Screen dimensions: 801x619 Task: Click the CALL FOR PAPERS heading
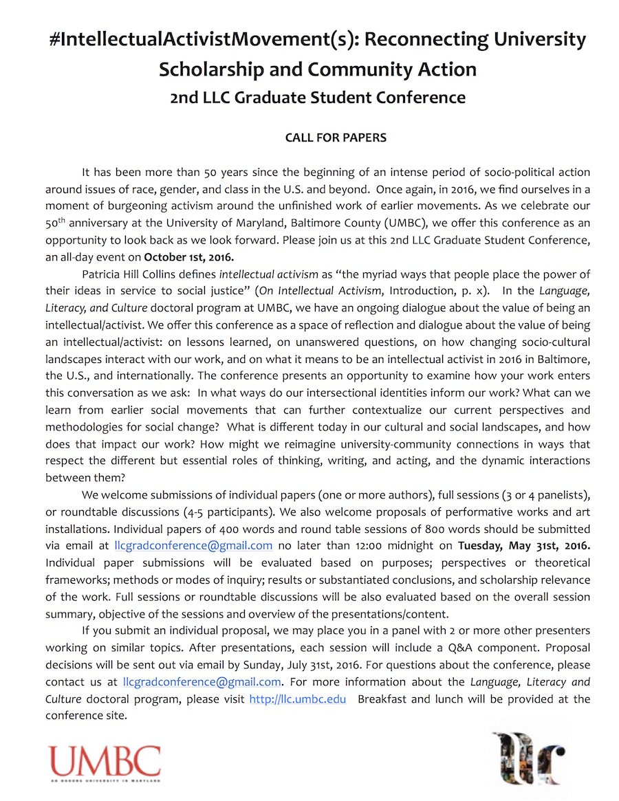[x=336, y=138]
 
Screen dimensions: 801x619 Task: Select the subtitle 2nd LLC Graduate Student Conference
[x=317, y=97]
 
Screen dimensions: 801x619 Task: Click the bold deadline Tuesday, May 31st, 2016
[x=524, y=546]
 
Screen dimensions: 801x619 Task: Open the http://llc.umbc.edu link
[x=297, y=699]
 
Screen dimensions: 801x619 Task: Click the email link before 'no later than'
[x=193, y=546]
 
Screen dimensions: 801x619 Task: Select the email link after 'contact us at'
[x=202, y=682]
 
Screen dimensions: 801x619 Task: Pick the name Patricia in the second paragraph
[x=104, y=274]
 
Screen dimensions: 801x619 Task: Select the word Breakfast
[x=384, y=699]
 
